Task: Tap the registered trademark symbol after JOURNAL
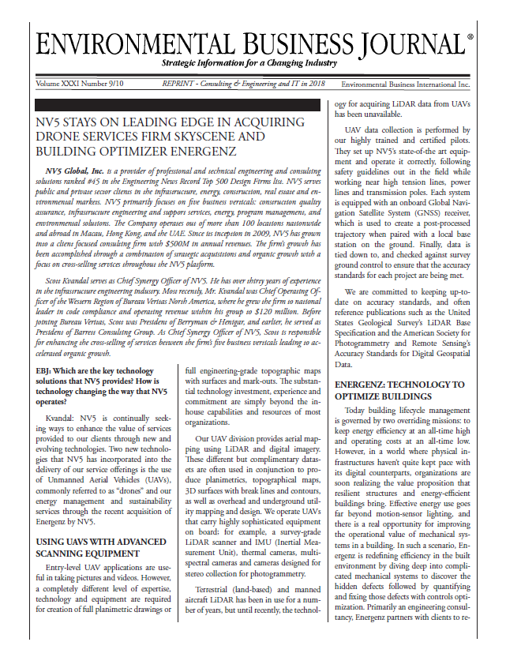click(x=470, y=36)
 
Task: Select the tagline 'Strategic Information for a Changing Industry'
click(x=249, y=62)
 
